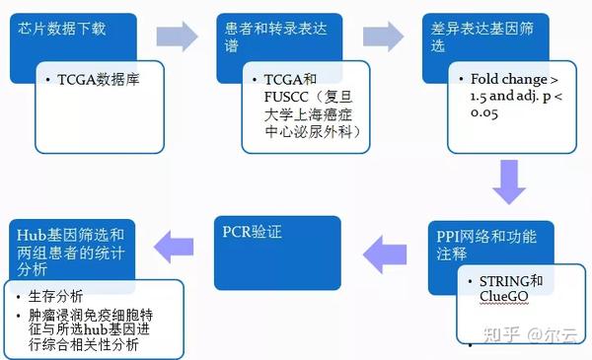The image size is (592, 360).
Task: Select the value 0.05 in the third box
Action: [476, 115]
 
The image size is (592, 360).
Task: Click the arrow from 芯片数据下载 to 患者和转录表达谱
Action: [177, 36]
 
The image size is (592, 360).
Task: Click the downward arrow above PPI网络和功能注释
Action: [509, 183]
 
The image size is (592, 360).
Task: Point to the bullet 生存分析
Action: [56, 296]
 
